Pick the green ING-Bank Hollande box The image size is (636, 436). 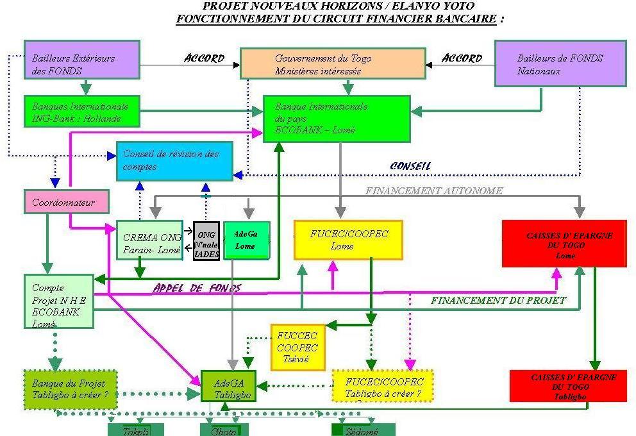click(81, 112)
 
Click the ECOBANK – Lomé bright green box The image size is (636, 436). click(337, 119)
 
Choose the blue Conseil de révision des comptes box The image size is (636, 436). click(174, 161)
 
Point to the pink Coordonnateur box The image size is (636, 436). click(66, 203)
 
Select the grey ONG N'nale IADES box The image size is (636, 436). click(206, 241)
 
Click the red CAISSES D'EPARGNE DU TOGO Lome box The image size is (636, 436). click(564, 243)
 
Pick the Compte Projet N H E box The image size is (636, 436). click(59, 301)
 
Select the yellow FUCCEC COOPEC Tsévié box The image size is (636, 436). click(296, 347)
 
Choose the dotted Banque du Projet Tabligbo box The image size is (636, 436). click(71, 389)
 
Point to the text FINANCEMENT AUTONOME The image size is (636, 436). click(434, 190)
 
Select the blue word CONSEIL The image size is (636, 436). click(410, 166)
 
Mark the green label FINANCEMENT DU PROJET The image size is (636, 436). click(498, 300)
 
